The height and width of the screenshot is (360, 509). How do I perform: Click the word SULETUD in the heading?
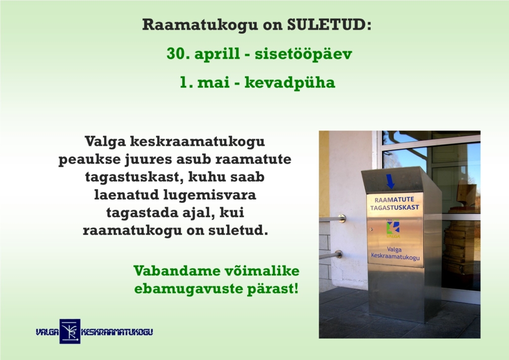coord(329,24)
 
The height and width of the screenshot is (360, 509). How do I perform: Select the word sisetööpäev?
coord(303,54)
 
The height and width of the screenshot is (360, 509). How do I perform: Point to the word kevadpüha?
coord(290,83)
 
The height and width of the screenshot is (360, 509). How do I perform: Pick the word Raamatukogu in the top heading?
coord(200,25)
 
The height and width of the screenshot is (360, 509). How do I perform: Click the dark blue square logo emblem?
coord(70,331)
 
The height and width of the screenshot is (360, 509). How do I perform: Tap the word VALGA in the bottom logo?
coord(47,332)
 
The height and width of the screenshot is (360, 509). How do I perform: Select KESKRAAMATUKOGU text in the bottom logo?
coord(117,332)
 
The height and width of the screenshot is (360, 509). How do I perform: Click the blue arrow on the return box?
coord(390,181)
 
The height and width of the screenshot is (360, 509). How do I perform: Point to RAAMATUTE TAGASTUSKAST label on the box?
coord(395,203)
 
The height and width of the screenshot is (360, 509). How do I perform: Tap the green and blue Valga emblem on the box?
coord(393,228)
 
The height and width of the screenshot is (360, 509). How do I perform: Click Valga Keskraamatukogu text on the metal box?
coord(395,253)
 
